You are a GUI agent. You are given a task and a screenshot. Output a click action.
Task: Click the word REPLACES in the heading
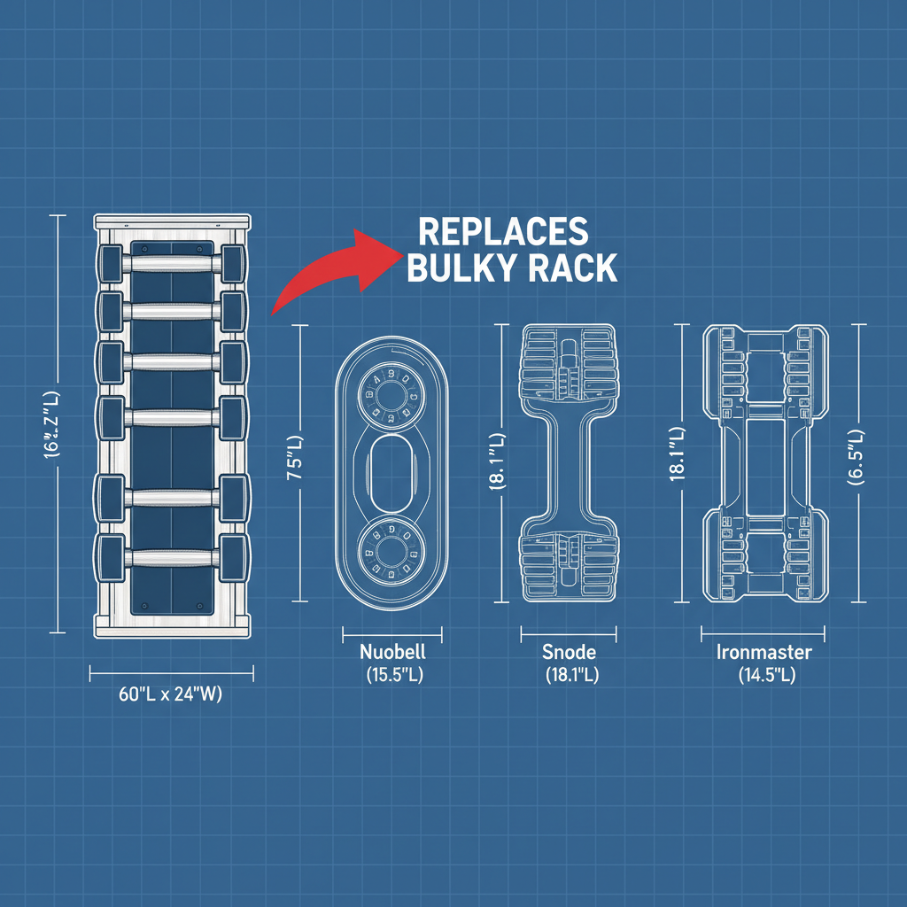pyautogui.click(x=502, y=231)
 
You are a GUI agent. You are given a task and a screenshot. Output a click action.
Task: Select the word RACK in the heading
pyautogui.click(x=569, y=267)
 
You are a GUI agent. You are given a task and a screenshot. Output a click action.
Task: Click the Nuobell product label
pyautogui.click(x=392, y=652)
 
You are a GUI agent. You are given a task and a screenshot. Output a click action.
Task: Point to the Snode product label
pyautogui.click(x=569, y=652)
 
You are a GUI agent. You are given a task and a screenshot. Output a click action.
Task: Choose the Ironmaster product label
pyautogui.click(x=764, y=653)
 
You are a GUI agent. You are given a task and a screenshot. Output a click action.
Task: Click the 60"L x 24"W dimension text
pyautogui.click(x=170, y=695)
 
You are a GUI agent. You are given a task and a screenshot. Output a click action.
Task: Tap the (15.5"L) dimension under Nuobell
pyautogui.click(x=393, y=675)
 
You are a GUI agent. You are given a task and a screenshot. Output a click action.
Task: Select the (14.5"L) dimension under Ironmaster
pyautogui.click(x=764, y=676)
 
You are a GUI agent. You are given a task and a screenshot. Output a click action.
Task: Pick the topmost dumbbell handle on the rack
pyautogui.click(x=172, y=262)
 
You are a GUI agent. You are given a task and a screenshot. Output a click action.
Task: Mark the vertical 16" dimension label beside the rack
pyautogui.click(x=57, y=424)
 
